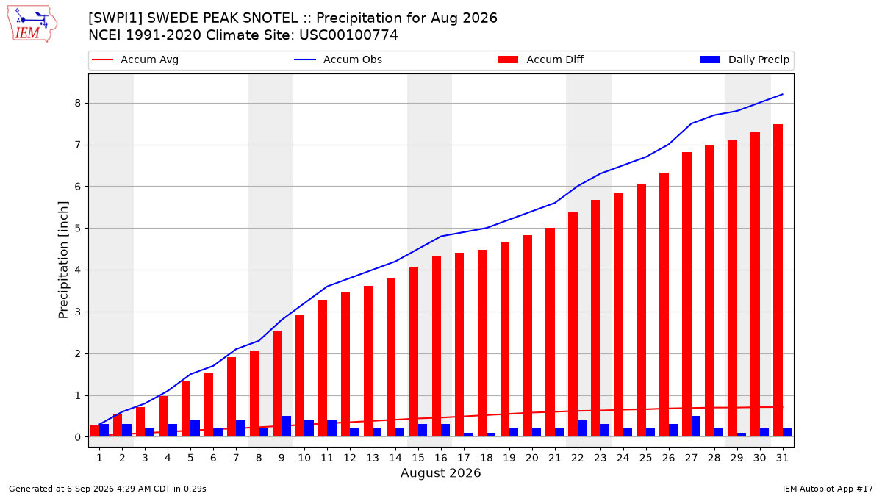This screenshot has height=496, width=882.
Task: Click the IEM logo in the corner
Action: (x=32, y=24)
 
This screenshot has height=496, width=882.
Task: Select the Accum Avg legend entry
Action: (x=135, y=60)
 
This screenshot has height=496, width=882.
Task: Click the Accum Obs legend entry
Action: (x=338, y=60)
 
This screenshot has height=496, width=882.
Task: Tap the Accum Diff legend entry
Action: (x=541, y=60)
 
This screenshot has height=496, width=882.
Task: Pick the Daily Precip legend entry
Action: (x=744, y=60)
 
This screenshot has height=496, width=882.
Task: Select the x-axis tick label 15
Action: (x=418, y=458)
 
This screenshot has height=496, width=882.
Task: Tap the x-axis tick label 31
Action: (x=782, y=458)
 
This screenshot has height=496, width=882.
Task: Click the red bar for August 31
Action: (x=778, y=280)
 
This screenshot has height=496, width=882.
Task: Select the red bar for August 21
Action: (x=550, y=332)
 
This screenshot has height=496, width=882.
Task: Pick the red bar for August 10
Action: (x=300, y=376)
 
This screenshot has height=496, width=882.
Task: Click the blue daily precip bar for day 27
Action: (x=696, y=426)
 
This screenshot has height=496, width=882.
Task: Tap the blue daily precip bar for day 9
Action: (x=286, y=426)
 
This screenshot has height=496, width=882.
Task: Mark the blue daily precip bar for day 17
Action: (x=468, y=434)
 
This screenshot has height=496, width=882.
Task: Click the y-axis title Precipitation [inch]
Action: (x=63, y=260)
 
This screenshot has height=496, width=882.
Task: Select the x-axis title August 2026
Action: (x=440, y=472)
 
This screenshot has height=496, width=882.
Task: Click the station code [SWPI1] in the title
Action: (x=115, y=18)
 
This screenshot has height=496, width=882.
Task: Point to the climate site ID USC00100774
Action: (x=348, y=35)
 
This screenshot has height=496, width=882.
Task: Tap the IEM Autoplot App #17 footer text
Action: (x=828, y=489)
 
